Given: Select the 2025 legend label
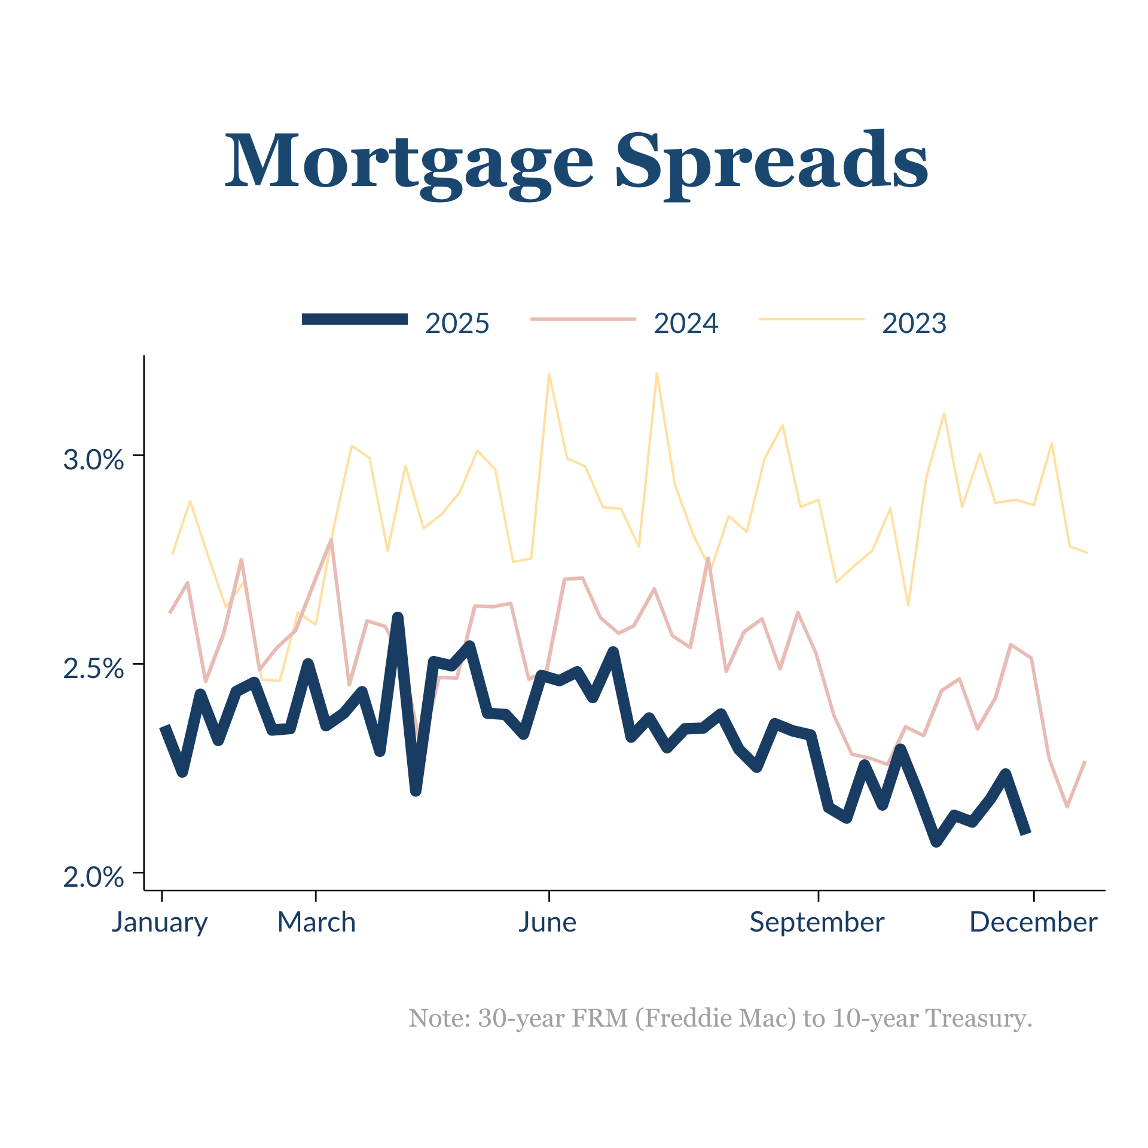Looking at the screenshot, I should pos(457,323).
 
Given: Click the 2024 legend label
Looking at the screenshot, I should pos(685,323).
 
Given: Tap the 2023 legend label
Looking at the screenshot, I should pos(914,323).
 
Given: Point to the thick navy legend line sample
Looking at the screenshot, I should pos(355,319).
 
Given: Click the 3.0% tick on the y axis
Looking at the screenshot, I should pos(93,460).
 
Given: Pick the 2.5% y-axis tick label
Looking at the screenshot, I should pos(93,668).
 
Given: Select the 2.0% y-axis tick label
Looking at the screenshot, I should pos(93,877).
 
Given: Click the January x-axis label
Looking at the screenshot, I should pos(160,923).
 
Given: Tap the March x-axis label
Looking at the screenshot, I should pos(316,922).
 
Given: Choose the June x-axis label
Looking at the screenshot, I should pos(548,922).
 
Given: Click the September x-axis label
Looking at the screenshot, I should pos(817,922).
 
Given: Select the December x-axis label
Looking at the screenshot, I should pos(1033,922).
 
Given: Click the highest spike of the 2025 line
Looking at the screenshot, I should pos(398,617).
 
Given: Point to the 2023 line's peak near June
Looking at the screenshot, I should pos(549,374).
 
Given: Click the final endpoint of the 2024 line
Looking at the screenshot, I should pos(1085,762).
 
